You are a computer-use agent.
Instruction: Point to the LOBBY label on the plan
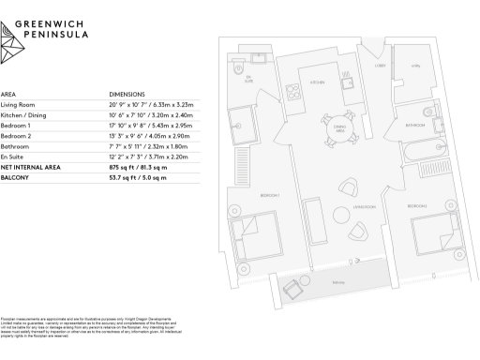(x=382, y=67)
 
